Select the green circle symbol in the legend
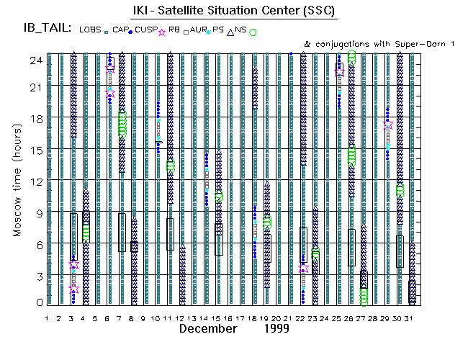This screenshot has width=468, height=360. tap(253, 32)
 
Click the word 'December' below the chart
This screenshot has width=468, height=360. tap(208, 329)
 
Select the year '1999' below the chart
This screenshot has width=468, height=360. tap(276, 329)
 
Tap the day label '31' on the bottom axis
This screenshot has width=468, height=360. tap(412, 318)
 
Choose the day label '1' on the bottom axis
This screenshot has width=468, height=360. tap(48, 318)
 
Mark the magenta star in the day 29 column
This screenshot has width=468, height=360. tap(388, 125)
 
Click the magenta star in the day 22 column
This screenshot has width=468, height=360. tap(303, 269)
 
